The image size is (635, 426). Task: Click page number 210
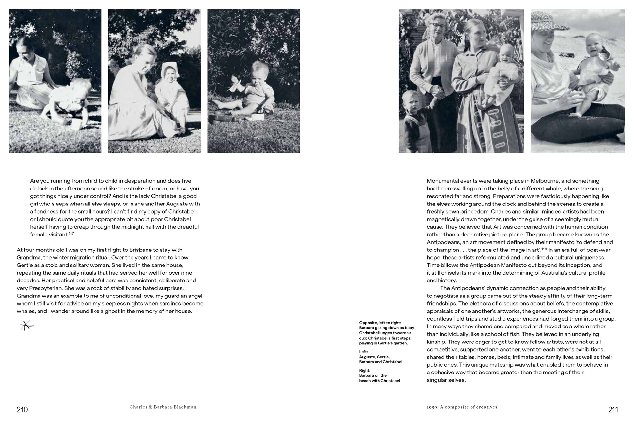click(22, 410)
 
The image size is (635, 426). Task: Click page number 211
click(613, 410)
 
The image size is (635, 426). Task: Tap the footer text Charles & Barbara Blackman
click(163, 407)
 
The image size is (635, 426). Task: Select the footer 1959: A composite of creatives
click(462, 407)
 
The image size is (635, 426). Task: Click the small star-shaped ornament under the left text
click(26, 326)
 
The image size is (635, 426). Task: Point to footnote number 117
click(71, 234)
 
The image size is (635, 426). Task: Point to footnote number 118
click(544, 249)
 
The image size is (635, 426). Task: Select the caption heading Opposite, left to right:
click(380, 323)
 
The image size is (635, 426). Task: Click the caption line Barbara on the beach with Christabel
click(379, 378)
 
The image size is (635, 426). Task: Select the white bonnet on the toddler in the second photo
click(169, 69)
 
